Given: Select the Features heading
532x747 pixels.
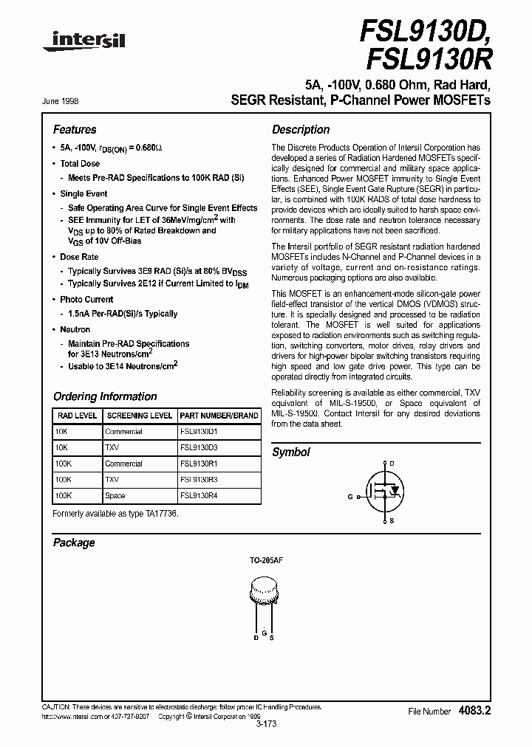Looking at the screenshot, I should pyautogui.click(x=75, y=129).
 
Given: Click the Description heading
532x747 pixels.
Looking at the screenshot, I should pyautogui.click(x=301, y=129).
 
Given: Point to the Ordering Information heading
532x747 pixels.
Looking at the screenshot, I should pyautogui.click(x=105, y=396).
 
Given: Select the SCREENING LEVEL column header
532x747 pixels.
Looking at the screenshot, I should pyautogui.click(x=139, y=416).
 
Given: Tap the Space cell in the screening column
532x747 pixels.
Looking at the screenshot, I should pyautogui.click(x=115, y=496).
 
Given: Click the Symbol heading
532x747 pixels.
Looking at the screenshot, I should pyautogui.click(x=291, y=452).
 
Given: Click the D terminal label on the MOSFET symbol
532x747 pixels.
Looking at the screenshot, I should pyautogui.click(x=392, y=464).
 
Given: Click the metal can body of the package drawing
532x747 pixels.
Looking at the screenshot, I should pyautogui.click(x=265, y=593).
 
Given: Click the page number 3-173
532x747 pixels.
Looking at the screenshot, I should pyautogui.click(x=265, y=725).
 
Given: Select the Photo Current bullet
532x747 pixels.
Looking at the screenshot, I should pyautogui.click(x=86, y=300).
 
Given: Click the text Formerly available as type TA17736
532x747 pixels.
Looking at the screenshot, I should pyautogui.click(x=115, y=513).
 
